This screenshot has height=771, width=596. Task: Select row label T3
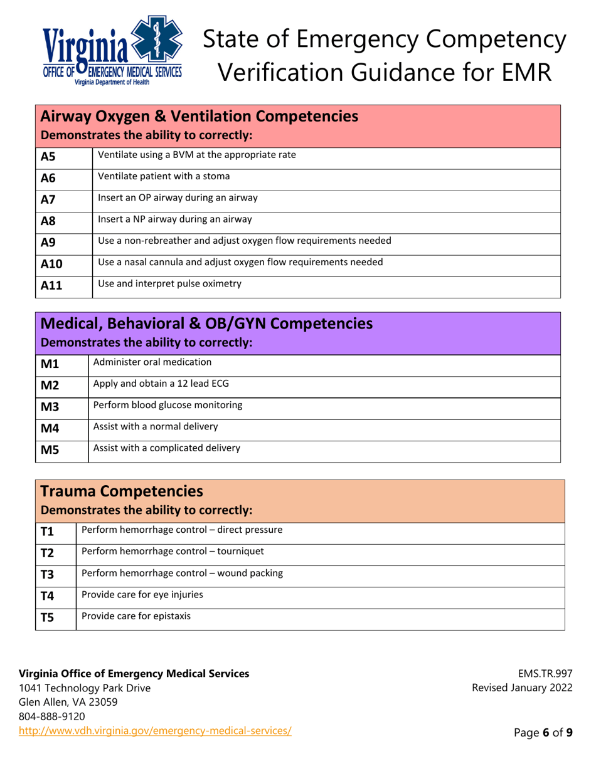[48, 575]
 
